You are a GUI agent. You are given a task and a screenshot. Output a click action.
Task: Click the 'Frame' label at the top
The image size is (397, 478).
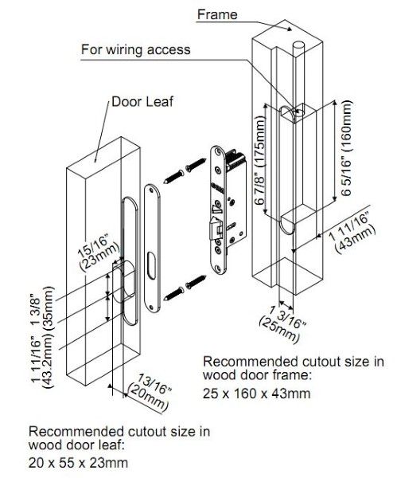(217, 14)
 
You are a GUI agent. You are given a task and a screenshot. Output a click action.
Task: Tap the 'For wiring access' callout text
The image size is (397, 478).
(136, 49)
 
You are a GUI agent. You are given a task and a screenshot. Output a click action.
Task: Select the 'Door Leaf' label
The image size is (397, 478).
(142, 101)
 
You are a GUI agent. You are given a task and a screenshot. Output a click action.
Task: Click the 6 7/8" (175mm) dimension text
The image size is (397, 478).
(260, 161)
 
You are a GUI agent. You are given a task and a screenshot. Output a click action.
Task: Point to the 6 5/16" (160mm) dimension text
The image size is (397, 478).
(346, 148)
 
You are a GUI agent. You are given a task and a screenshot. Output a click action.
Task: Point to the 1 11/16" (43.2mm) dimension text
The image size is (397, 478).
(42, 360)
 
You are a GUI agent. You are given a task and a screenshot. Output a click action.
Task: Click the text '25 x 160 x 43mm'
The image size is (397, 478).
(257, 394)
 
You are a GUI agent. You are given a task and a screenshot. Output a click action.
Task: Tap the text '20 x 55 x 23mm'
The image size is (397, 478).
(78, 462)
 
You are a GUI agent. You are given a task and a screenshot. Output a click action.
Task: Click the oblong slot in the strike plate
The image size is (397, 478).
(152, 264)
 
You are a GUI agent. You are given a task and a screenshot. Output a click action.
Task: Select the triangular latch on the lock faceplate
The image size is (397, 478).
(218, 208)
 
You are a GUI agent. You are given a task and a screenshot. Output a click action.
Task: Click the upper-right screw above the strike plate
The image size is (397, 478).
(196, 165)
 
